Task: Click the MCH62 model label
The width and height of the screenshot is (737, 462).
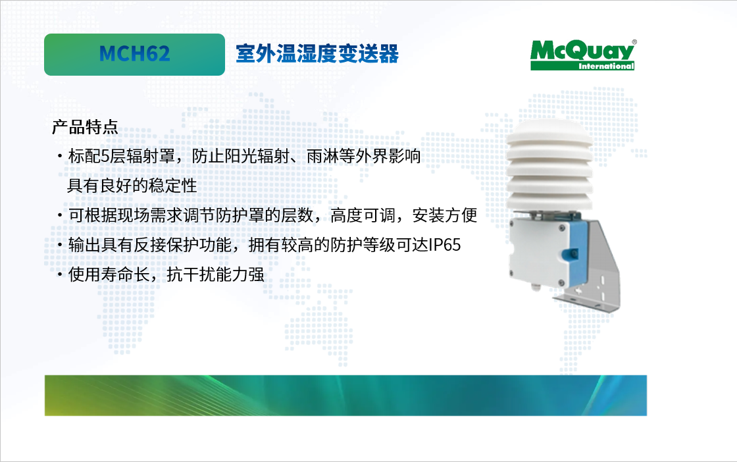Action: click(134, 53)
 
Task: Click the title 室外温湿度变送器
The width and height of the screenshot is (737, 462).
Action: click(317, 53)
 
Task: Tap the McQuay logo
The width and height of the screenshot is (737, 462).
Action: click(583, 55)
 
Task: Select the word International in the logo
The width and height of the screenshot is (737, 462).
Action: click(606, 66)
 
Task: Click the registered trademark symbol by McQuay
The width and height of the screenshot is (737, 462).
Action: click(634, 42)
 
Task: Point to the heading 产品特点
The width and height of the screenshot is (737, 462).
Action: click(85, 127)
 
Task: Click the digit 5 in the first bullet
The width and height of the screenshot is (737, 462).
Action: click(105, 156)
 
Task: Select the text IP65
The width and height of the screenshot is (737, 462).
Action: click(445, 245)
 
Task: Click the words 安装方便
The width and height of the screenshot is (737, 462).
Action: click(445, 215)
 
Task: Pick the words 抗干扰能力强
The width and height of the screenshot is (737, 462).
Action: click(215, 274)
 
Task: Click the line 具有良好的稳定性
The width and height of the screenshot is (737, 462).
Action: click(132, 186)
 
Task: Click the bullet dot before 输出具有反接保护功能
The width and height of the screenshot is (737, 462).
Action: click(60, 245)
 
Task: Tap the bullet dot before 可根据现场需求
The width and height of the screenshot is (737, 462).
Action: click(60, 216)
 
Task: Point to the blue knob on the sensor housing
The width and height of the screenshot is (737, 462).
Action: click(572, 254)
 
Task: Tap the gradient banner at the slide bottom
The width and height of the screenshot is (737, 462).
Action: click(345, 396)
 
